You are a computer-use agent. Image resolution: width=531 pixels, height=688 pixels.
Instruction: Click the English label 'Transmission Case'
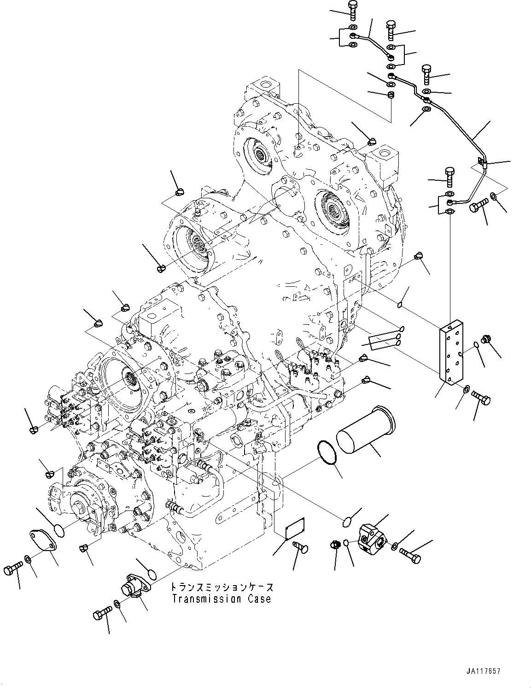pos(222,599)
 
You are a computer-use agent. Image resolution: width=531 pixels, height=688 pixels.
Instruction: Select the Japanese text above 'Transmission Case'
pos(222,587)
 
